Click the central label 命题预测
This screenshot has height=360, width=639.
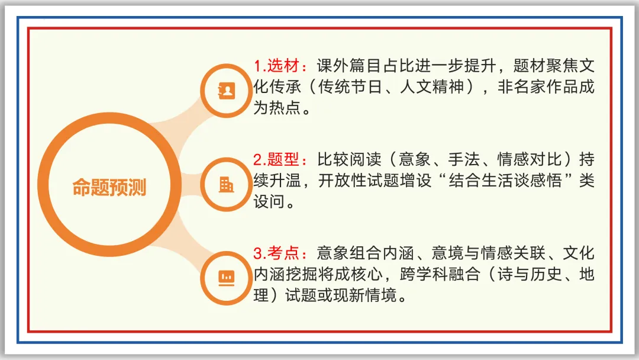click(x=109, y=187)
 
